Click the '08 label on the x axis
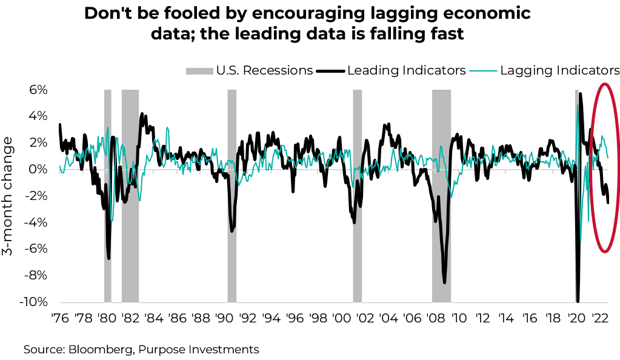point(435,318)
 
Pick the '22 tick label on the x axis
point(600,318)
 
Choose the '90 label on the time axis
point(224,318)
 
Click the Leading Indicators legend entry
point(406,70)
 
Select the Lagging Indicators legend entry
point(559,70)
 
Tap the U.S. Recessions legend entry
point(264,70)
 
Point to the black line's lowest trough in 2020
point(578,301)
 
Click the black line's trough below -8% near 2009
point(444,282)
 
